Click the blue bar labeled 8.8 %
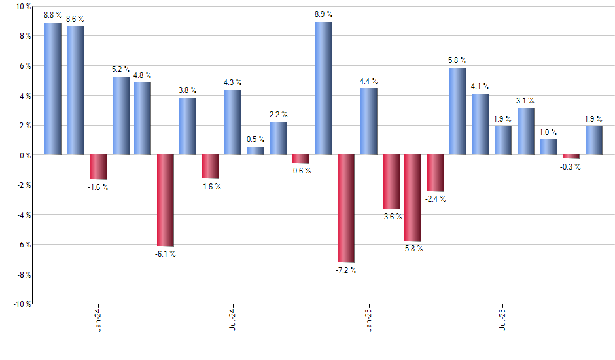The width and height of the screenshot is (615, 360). coord(53,89)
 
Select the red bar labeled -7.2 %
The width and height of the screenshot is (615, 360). coord(346,208)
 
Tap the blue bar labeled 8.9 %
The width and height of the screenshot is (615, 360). coord(324,88)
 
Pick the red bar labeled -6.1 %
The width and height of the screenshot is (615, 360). coord(166,200)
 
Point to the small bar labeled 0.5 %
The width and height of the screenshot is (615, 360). coord(256,151)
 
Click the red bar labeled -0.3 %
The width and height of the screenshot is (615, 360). coord(571,156)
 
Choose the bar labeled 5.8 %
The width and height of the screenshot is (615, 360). coord(458,111)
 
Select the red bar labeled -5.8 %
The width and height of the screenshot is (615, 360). coord(413,198)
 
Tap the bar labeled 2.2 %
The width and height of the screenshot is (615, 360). coord(279,139)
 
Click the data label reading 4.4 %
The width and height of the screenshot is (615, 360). coord(368,81)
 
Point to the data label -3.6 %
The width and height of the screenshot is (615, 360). coord(391,217)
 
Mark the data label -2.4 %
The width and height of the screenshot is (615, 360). coord(436,199)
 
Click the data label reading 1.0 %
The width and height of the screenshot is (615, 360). coord(548,132)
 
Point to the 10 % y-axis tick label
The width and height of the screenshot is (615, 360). coord(23,7)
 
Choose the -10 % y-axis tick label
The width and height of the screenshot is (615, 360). coord(22,304)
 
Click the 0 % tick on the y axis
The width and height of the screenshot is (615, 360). coord(25,155)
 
